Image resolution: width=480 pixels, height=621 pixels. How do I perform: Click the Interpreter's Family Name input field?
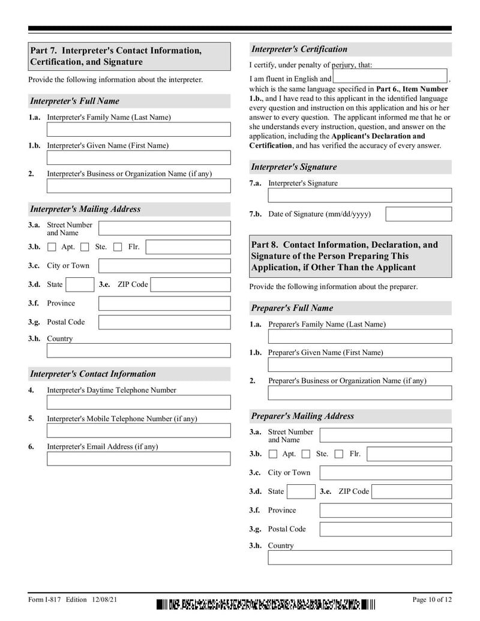tap(138, 130)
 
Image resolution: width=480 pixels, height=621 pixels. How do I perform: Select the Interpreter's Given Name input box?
tap(138, 158)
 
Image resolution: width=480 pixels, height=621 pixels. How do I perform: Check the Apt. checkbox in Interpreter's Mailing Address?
tap(52, 247)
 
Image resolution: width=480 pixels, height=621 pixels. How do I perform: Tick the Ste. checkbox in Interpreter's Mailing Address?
tap(85, 247)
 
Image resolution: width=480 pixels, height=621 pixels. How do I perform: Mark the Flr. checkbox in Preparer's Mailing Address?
tap(338, 454)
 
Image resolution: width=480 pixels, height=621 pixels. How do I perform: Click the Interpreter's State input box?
tap(79, 284)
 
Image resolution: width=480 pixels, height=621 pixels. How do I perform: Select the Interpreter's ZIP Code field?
tap(190, 284)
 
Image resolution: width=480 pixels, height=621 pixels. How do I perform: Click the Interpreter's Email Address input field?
tap(138, 459)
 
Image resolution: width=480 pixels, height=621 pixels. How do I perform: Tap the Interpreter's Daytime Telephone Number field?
tap(138, 402)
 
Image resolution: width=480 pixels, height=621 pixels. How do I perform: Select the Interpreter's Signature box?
tap(359, 196)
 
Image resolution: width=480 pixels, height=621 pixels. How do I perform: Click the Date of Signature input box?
tap(418, 214)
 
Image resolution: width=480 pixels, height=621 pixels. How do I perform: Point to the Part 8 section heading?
tap(350, 256)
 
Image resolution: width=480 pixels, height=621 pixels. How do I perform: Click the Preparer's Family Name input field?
tap(359, 337)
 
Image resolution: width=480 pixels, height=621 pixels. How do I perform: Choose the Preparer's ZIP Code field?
tap(411, 492)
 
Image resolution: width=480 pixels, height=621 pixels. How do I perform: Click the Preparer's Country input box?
tap(359, 557)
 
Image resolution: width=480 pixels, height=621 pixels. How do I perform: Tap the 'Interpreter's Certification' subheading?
tap(299, 49)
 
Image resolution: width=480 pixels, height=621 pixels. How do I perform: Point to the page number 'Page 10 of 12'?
tap(431, 600)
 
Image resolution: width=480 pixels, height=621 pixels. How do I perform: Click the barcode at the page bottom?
tap(266, 604)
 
